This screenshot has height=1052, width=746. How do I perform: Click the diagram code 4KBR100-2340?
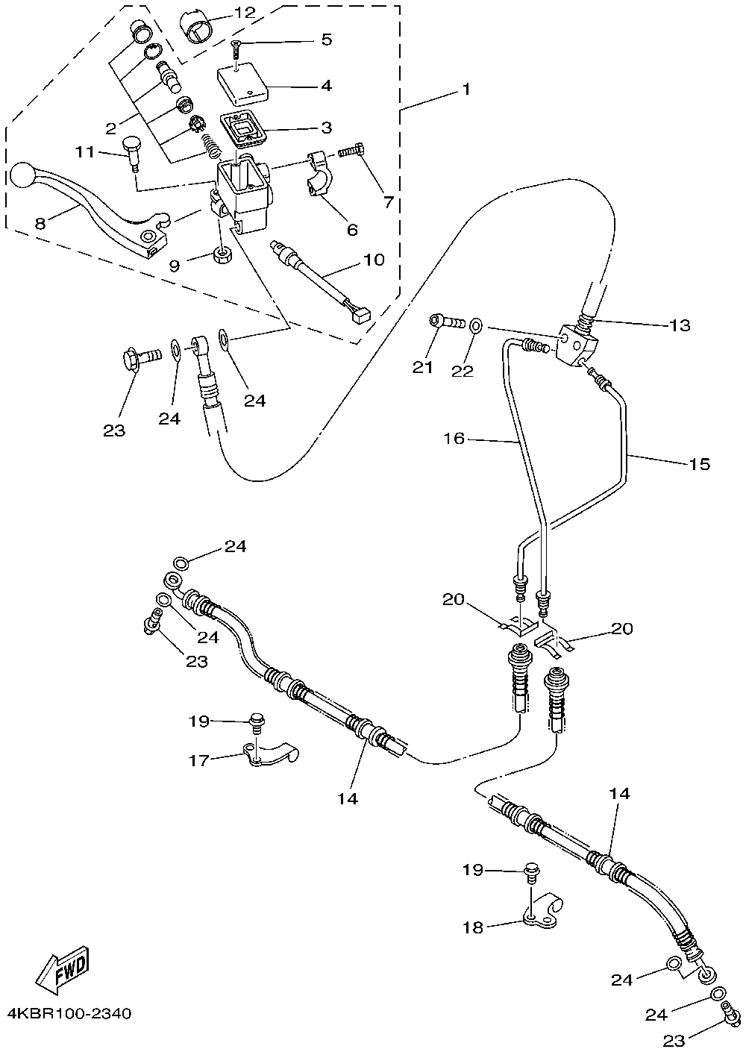point(69,1014)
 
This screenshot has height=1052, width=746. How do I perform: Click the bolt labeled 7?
point(351,152)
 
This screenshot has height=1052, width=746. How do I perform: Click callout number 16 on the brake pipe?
point(454,439)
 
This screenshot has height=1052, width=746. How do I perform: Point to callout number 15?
point(699,464)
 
